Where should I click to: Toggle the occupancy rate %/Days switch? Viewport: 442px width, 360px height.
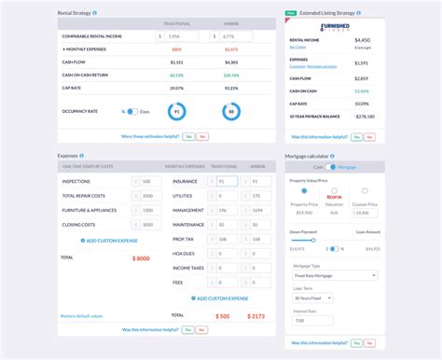pyautogui.click(x=131, y=111)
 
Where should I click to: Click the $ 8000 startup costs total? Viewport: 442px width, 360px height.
pyautogui.click(x=141, y=256)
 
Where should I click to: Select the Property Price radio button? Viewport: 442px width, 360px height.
pyautogui.click(x=303, y=190)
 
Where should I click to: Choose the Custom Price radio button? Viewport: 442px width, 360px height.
pyautogui.click(x=365, y=190)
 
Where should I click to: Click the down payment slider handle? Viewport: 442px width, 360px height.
pyautogui.click(x=313, y=240)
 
